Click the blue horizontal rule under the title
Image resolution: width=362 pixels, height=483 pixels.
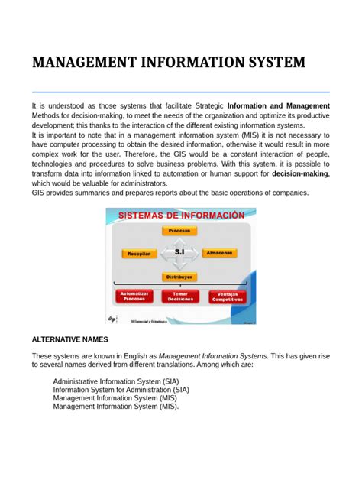(x=180, y=91)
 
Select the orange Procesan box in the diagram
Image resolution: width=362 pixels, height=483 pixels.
(x=180, y=230)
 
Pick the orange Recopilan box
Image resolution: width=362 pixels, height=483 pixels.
(x=140, y=253)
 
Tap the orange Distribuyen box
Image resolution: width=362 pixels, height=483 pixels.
(x=180, y=277)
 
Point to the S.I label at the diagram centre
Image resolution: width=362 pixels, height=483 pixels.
(x=180, y=251)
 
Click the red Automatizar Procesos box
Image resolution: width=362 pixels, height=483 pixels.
(x=134, y=296)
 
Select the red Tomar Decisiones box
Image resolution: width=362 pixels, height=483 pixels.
(x=180, y=296)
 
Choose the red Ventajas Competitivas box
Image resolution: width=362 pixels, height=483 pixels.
(x=227, y=296)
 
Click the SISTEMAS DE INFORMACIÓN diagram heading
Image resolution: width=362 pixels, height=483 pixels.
(x=180, y=216)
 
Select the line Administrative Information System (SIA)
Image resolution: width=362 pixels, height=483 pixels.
(x=118, y=381)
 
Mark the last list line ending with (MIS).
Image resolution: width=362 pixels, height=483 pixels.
(x=116, y=407)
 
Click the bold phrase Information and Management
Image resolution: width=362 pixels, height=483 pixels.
(x=278, y=105)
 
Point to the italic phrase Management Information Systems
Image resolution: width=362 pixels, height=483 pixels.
(x=213, y=355)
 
